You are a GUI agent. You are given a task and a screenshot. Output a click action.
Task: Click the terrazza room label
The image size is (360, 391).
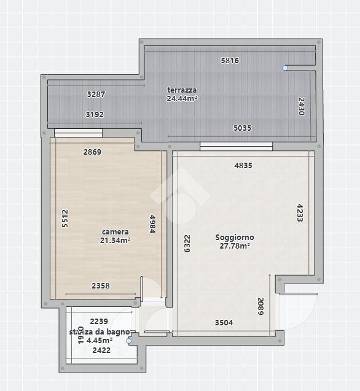182,90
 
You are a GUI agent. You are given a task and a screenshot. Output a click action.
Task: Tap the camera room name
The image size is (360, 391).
115,232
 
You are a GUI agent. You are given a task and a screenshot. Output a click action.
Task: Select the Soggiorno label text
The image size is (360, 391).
235,237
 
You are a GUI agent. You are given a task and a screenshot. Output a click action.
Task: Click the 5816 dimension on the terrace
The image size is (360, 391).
230,60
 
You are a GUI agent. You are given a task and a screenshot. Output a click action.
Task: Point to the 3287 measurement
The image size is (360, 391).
96,95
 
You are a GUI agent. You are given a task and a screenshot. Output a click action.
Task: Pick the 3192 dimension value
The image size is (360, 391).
95,114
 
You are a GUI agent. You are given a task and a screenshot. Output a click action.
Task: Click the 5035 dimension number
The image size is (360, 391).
243,128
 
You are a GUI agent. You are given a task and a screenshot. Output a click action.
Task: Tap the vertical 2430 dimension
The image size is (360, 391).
302,106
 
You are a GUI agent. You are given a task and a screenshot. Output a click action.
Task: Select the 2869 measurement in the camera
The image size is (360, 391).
92,152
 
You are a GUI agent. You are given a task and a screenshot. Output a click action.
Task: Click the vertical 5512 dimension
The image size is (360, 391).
65,219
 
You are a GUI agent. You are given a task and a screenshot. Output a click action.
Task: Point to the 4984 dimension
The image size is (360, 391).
152,224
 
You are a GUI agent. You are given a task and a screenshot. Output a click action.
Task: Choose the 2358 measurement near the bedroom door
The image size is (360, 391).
101,285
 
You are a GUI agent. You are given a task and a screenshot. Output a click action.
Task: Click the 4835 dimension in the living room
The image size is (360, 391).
243,165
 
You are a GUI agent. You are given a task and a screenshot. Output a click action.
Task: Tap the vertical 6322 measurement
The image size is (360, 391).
187,244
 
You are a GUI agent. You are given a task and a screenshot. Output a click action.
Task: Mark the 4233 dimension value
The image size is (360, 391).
300,213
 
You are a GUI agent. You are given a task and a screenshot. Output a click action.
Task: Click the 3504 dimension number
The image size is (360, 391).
224,323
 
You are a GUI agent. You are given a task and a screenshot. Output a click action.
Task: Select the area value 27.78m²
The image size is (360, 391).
235,246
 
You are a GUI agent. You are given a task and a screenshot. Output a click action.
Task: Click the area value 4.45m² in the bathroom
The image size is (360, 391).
100,340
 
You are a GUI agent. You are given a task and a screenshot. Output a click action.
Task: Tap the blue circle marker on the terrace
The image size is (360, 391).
285,68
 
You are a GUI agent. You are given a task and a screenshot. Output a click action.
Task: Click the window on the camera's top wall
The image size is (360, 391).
79,133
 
